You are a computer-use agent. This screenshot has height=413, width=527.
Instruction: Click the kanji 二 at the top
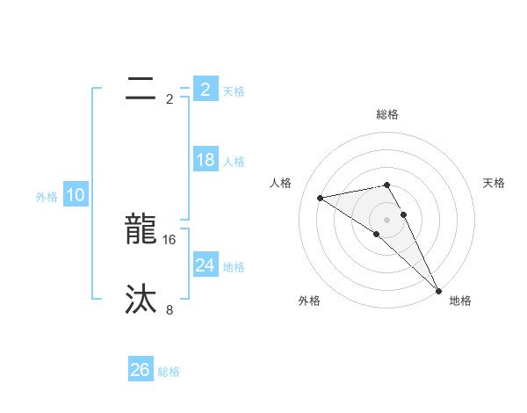pyautogui.click(x=141, y=89)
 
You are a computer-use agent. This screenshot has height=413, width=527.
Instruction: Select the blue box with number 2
pyautogui.click(x=205, y=90)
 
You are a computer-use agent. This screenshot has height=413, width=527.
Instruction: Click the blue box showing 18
pyautogui.click(x=205, y=160)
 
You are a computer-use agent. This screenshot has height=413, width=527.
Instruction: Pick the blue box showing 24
pyautogui.click(x=205, y=265)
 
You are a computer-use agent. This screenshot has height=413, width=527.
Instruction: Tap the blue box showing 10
pyautogui.click(x=76, y=196)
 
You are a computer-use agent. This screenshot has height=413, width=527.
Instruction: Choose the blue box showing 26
pyautogui.click(x=141, y=371)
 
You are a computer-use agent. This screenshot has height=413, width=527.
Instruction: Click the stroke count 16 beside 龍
pyautogui.click(x=170, y=239)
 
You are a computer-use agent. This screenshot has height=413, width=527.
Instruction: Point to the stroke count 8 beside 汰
pyautogui.click(x=170, y=309)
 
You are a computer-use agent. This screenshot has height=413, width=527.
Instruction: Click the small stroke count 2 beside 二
pyautogui.click(x=170, y=98)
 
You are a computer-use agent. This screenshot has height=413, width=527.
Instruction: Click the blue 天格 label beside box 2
pyautogui.click(x=234, y=91)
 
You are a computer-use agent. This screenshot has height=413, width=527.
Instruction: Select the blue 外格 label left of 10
pyautogui.click(x=47, y=197)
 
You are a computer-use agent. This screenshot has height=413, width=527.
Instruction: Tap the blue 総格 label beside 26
pyautogui.click(x=169, y=372)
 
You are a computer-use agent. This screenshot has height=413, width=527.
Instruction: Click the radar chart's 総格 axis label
pyautogui.click(x=387, y=114)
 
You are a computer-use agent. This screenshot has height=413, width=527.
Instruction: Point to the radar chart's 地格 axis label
pyautogui.click(x=460, y=301)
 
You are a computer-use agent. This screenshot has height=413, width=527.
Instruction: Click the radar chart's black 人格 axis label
pyautogui.click(x=281, y=183)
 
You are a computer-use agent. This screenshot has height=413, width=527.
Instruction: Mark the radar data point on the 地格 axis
pyautogui.click(x=438, y=291)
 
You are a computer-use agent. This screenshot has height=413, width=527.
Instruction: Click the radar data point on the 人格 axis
pyautogui.click(x=321, y=198)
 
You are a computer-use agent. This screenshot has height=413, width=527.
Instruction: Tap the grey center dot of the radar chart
pyautogui.click(x=387, y=219)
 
